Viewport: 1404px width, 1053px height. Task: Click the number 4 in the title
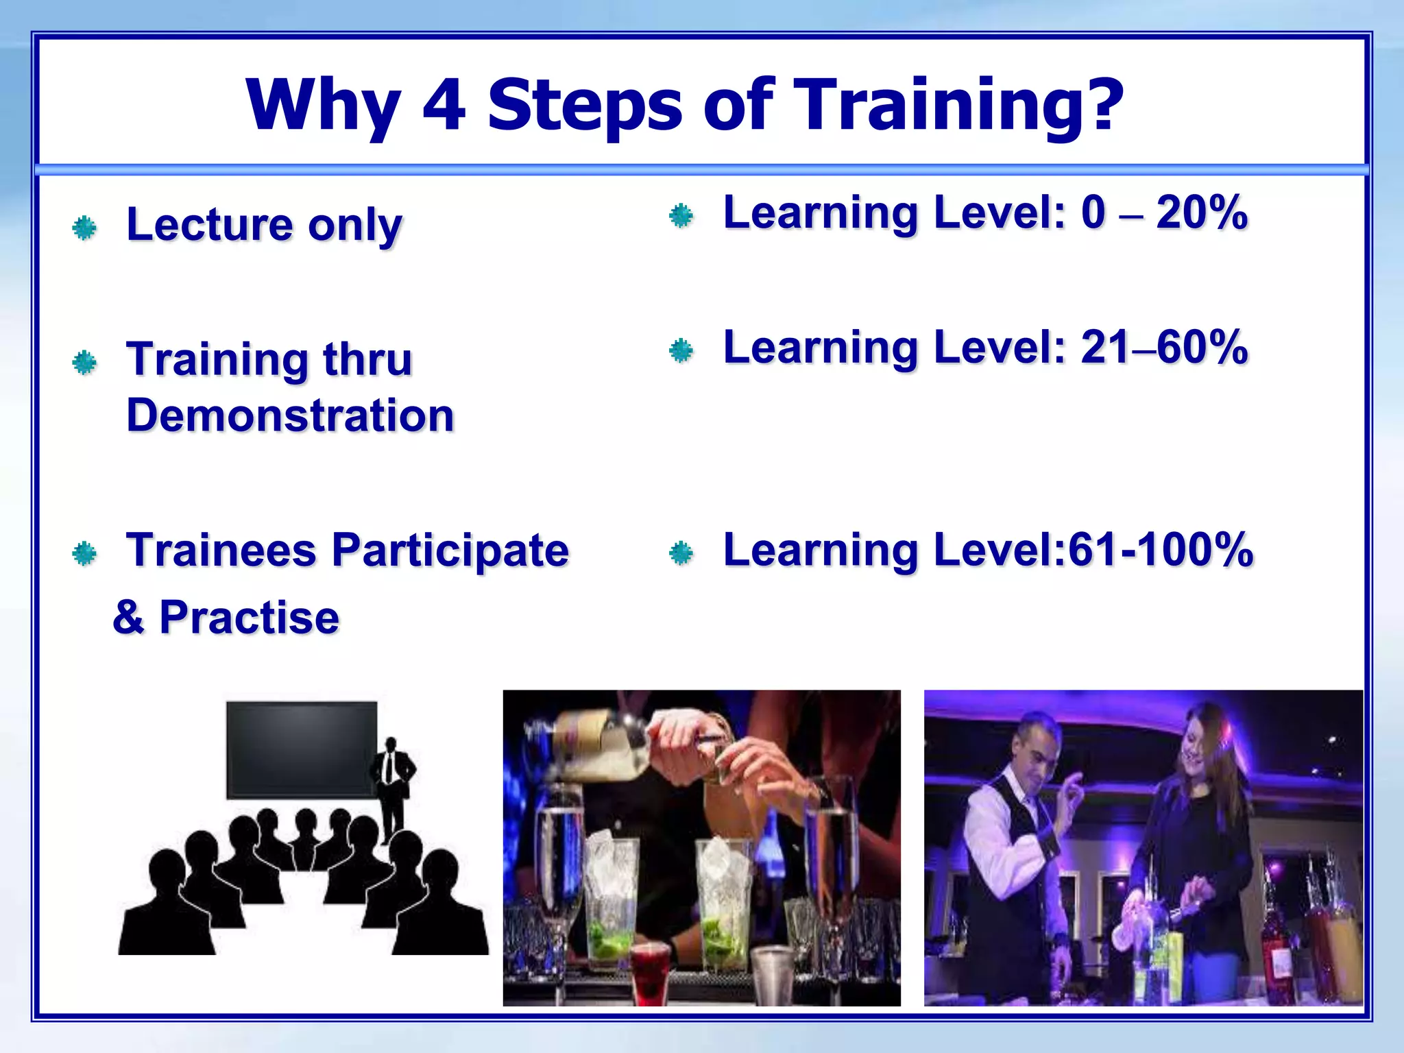pyautogui.click(x=444, y=106)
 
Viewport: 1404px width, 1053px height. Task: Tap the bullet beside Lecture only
pyautogui.click(x=84, y=228)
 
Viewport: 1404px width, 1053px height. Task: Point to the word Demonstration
pyautogui.click(x=290, y=415)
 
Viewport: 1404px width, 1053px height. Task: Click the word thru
pyautogui.click(x=367, y=359)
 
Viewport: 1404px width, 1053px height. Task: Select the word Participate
pyautogui.click(x=450, y=550)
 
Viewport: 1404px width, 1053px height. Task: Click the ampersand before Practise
pyautogui.click(x=129, y=617)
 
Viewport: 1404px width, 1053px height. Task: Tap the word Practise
pyautogui.click(x=249, y=617)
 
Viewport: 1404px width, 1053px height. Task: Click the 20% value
pyautogui.click(x=1201, y=213)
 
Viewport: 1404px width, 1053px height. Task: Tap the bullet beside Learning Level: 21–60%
pyautogui.click(x=681, y=351)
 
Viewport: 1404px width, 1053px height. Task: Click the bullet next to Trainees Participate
pyautogui.click(x=84, y=553)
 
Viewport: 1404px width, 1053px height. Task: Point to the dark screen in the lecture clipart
pyautogui.click(x=302, y=749)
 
